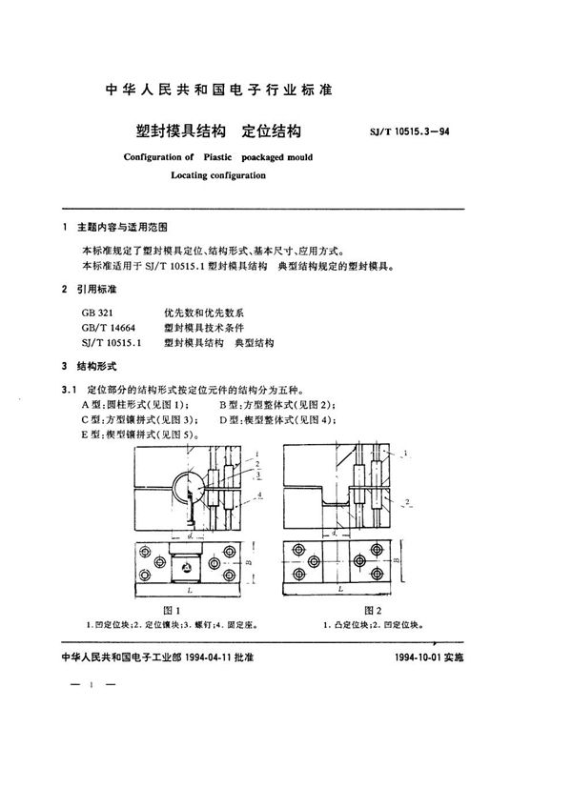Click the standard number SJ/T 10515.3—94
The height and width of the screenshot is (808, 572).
(x=408, y=133)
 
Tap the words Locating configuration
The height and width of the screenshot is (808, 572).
(x=218, y=175)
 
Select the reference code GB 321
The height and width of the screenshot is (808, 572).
(x=97, y=312)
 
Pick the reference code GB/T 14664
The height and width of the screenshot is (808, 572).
(x=106, y=327)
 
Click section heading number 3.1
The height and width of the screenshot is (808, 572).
(x=68, y=389)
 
